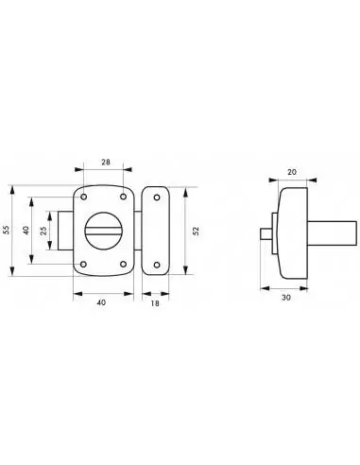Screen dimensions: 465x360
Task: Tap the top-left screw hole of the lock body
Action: [84, 197]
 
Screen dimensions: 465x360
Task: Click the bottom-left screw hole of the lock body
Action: [84, 264]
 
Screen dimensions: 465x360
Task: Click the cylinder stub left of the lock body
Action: [66, 231]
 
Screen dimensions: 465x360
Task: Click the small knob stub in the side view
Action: [265, 232]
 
